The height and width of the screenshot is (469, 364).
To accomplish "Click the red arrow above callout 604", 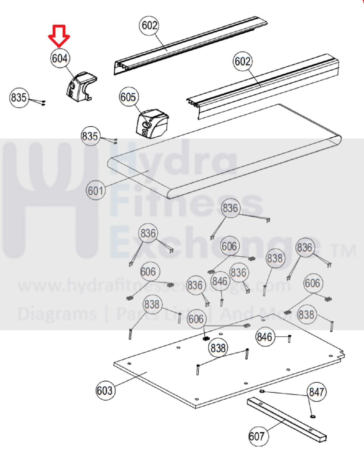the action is click(59, 36).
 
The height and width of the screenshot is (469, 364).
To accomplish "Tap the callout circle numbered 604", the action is click(60, 58).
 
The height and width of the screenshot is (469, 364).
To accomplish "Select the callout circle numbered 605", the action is click(129, 97).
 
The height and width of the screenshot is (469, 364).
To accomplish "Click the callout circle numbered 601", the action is click(96, 190).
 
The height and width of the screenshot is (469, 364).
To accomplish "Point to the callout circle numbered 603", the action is click(105, 390).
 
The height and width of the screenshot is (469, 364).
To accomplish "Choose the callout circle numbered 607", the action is click(258, 436).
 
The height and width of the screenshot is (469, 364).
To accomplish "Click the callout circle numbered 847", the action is click(316, 392).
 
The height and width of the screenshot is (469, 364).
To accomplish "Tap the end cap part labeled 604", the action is click(81, 87).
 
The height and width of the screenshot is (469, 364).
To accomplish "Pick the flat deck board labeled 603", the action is click(229, 361).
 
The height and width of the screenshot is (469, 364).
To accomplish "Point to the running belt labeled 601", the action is click(225, 151).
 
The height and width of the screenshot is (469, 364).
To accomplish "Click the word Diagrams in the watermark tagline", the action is click(57, 314).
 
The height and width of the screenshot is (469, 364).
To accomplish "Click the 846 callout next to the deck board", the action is click(265, 337).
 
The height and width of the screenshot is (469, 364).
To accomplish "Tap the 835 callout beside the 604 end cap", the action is click(19, 98).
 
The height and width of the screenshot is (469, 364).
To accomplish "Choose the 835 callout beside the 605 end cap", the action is click(91, 136).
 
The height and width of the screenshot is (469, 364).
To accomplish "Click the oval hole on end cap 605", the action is click(147, 125).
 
